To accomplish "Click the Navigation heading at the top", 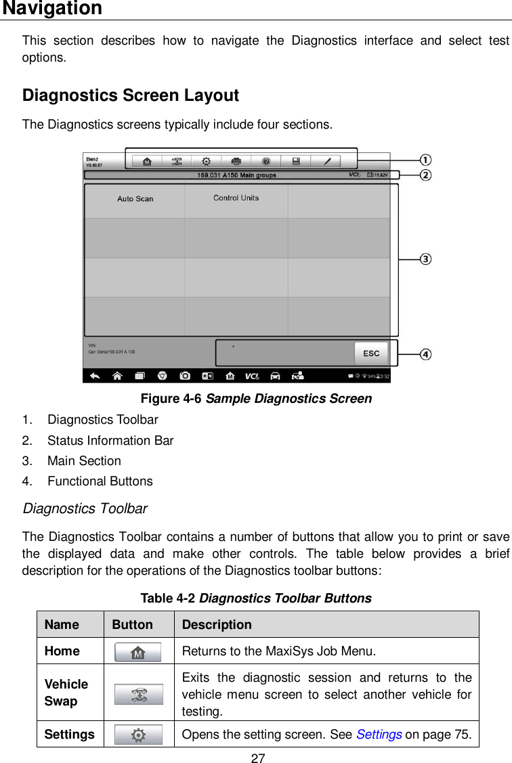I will point(52,9).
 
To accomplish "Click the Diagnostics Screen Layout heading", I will point(130,95).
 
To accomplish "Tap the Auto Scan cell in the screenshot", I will point(135,199).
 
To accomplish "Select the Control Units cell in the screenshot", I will point(236,198).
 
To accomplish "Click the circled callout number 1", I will point(425,160).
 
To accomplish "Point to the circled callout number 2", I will point(425,175).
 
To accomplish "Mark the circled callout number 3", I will point(425,259).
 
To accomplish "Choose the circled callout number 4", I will point(425,354).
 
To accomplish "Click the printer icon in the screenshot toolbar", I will point(236,162).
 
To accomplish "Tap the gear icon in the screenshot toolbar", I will point(206,162).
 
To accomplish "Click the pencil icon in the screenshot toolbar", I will point(326,162).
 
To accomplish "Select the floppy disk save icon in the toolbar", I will point(296,162).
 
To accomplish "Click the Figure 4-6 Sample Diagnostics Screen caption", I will point(255,399).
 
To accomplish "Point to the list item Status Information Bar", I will point(110,441).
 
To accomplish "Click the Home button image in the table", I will point(137,653).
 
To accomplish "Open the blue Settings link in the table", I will point(379,735).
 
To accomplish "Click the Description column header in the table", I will point(217,625).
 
